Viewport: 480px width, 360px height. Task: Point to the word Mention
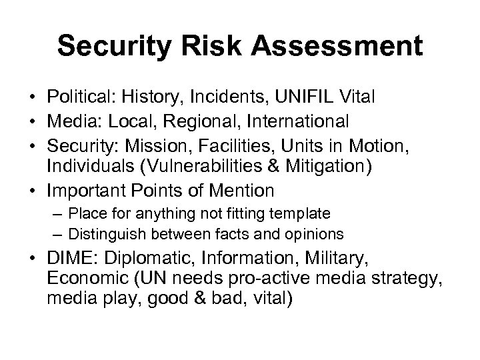pyautogui.click(x=241, y=190)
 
